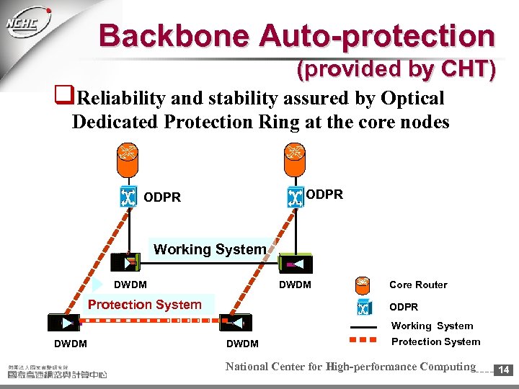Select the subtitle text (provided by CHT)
pyautogui.click(x=396, y=69)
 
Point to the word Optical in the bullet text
pyautogui.click(x=409, y=98)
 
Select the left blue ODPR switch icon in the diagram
pyautogui.click(x=128, y=197)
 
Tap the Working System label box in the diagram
pyautogui.click(x=210, y=249)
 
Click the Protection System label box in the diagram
pyautogui.click(x=145, y=304)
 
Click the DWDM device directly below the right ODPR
pyautogui.click(x=295, y=264)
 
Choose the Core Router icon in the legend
pyautogui.click(x=363, y=285)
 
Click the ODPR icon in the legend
pyautogui.click(x=363, y=307)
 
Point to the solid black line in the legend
pyautogui.click(x=363, y=326)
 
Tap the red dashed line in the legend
pyautogui.click(x=363, y=341)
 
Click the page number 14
pyautogui.click(x=503, y=370)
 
